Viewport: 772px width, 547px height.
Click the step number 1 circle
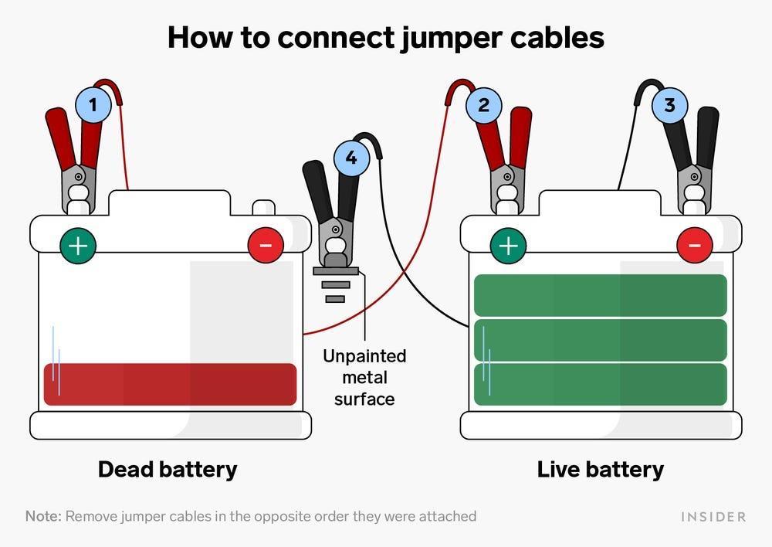[x=94, y=104]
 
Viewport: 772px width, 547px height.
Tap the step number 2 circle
[x=483, y=104]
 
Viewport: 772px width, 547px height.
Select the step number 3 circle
[x=669, y=104]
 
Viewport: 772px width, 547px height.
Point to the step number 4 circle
[x=351, y=158]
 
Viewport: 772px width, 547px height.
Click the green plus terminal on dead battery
[x=78, y=246]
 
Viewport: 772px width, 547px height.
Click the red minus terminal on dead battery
[x=265, y=246]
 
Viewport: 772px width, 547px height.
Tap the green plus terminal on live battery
[x=508, y=246]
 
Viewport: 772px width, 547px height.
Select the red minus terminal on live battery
[x=694, y=246]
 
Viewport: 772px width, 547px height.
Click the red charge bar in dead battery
[x=170, y=384]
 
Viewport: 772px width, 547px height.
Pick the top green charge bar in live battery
[x=600, y=295]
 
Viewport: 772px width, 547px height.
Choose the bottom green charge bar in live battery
[x=600, y=384]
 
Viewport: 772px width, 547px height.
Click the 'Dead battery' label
[x=168, y=469]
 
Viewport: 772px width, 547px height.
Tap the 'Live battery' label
[x=600, y=469]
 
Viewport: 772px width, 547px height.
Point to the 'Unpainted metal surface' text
[x=364, y=378]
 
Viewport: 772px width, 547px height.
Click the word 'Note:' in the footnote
[x=43, y=516]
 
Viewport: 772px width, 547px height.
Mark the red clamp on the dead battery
[x=76, y=158]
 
